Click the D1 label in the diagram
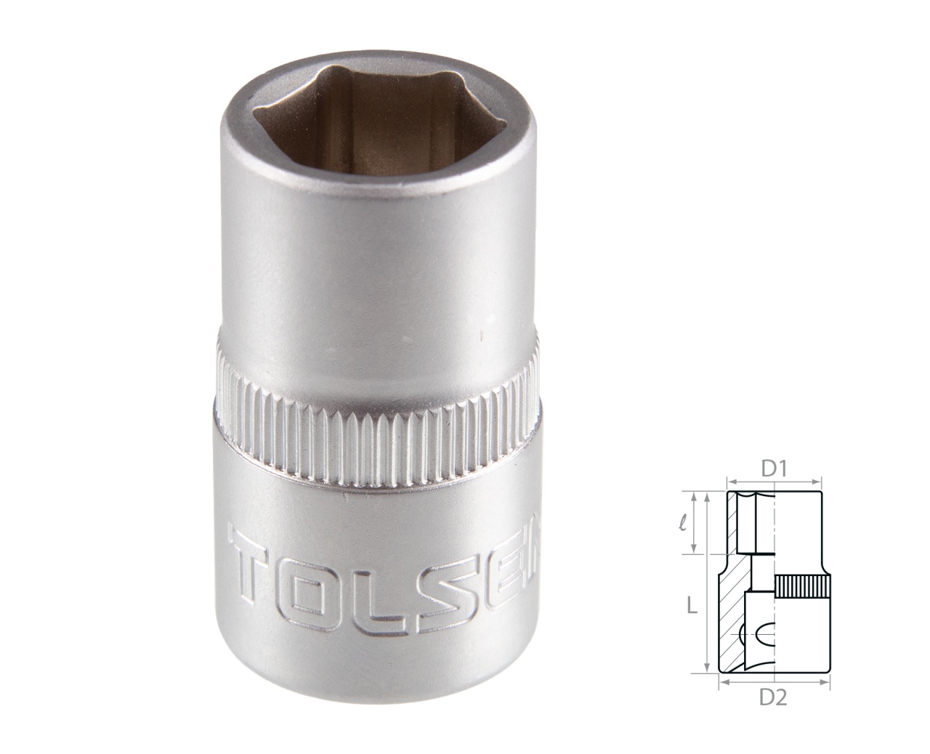point(775,470)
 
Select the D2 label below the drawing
point(774,698)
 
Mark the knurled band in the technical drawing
point(801,586)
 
